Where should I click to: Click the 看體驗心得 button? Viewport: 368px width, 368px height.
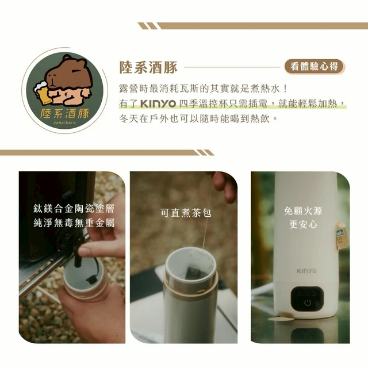pyautogui.click(x=315, y=67)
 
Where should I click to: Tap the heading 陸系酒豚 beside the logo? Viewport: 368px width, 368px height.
pyautogui.click(x=148, y=67)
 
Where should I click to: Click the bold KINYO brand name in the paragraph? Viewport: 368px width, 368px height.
pyautogui.click(x=158, y=103)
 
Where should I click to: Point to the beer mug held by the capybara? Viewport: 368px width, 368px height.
pyautogui.click(x=42, y=92)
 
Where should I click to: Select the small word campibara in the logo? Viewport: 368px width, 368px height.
pyautogui.click(x=64, y=122)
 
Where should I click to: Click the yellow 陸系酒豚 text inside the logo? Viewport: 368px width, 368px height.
pyautogui.click(x=64, y=113)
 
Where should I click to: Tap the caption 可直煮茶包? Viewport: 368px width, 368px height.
pyautogui.click(x=186, y=213)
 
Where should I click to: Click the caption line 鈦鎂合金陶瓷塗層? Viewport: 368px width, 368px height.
pyautogui.click(x=74, y=209)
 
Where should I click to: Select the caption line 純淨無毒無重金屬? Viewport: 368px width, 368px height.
pyautogui.click(x=74, y=223)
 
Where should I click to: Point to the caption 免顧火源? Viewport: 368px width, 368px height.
pyautogui.click(x=303, y=211)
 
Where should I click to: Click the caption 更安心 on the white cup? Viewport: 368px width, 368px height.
pyautogui.click(x=303, y=224)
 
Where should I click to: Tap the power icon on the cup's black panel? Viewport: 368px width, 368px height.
pyautogui.click(x=308, y=303)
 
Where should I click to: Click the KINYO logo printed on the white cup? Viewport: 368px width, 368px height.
pyautogui.click(x=306, y=271)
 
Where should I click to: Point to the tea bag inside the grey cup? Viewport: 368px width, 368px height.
pyautogui.click(x=194, y=265)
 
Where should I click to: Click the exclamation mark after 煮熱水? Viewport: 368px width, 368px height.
pyautogui.click(x=285, y=89)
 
